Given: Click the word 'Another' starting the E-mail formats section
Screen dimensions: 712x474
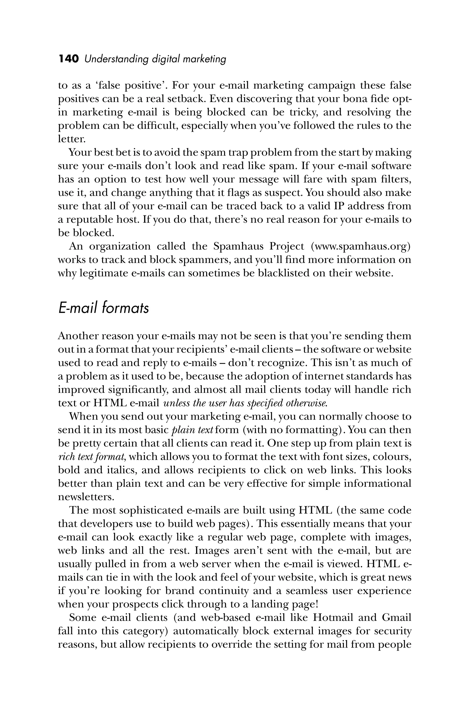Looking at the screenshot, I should tap(77, 336).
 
